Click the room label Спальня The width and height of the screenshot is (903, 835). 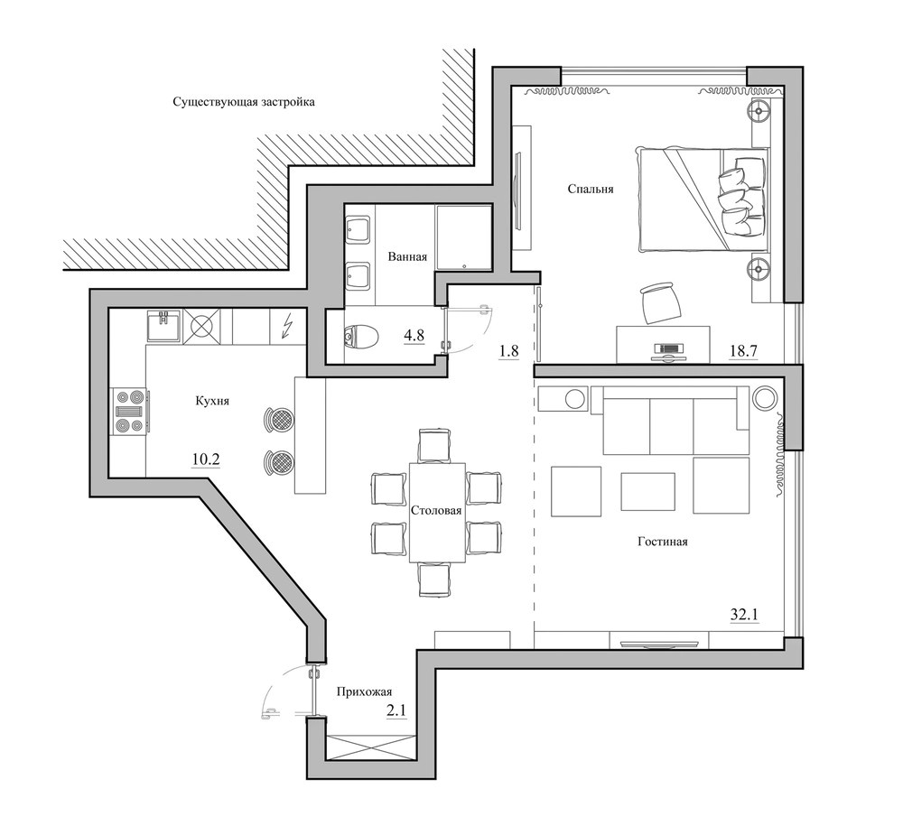tap(591, 189)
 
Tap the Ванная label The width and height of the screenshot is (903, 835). tap(407, 256)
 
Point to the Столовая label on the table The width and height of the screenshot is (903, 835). tap(436, 510)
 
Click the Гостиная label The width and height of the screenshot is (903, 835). tap(663, 542)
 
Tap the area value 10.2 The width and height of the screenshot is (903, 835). tap(206, 459)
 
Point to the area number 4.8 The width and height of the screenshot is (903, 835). tap(414, 336)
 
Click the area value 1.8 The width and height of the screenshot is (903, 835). tap(508, 350)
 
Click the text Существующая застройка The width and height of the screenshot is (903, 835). tap(244, 103)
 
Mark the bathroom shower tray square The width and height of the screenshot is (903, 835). tap(463, 237)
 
